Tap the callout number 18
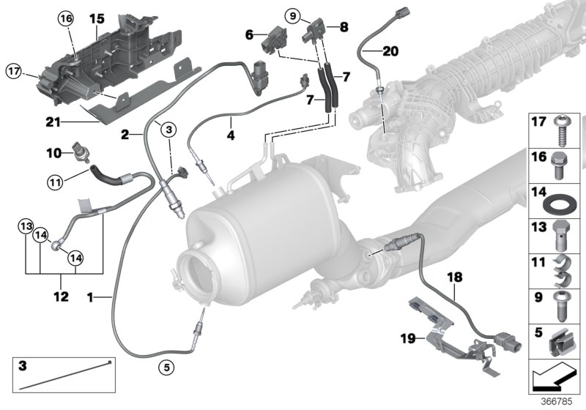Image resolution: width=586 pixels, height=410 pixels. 455,277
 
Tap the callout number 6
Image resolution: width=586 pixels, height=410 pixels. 249,34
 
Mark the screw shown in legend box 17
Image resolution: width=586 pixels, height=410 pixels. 560,131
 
